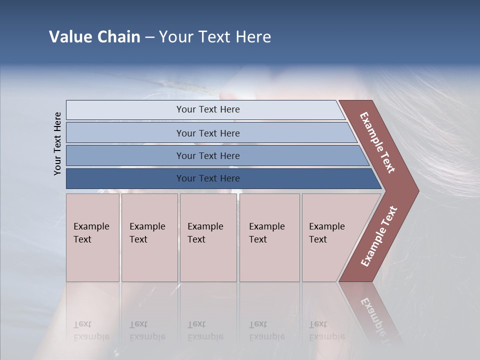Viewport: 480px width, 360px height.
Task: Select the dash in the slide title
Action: coord(149,37)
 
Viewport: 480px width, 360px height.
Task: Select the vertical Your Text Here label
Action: coord(57,143)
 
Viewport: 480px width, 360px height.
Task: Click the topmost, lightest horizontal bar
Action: coord(207,109)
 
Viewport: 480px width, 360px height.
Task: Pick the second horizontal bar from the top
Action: coord(207,133)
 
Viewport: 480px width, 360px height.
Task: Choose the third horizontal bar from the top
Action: coord(207,155)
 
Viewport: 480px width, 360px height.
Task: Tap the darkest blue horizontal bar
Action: coord(207,178)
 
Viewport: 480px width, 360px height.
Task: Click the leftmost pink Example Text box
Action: coord(92,237)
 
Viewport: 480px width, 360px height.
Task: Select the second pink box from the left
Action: coord(149,237)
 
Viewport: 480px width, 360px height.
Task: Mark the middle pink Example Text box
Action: coord(208,237)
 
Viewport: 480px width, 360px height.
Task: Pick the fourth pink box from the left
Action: coord(269,237)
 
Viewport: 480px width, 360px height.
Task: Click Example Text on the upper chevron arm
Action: coord(377,142)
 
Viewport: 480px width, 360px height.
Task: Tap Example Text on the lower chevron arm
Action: coord(379,236)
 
